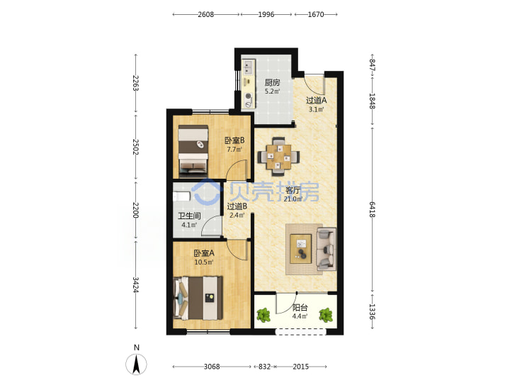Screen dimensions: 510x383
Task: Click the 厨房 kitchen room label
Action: (x=272, y=83)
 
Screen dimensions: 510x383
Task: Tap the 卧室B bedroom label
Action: (x=234, y=140)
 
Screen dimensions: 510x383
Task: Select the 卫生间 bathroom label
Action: (x=189, y=216)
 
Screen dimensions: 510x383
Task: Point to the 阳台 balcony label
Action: (x=300, y=307)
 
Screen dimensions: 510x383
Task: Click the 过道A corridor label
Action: (x=316, y=100)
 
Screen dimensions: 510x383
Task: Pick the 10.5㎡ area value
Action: (x=203, y=262)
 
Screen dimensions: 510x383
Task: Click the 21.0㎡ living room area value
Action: (x=293, y=199)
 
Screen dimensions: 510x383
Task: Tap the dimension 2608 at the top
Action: (x=205, y=14)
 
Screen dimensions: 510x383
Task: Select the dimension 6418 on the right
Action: (x=372, y=209)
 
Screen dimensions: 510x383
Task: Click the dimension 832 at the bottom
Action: (x=264, y=367)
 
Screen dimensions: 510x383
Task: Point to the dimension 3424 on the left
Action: (x=135, y=284)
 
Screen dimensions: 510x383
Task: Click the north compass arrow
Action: (x=136, y=364)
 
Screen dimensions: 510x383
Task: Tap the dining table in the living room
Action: (x=279, y=157)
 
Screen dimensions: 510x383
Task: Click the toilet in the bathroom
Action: (x=181, y=196)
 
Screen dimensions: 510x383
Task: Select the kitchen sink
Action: (x=248, y=67)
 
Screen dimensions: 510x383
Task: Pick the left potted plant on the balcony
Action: (x=263, y=315)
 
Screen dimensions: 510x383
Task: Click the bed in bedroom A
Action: (x=198, y=298)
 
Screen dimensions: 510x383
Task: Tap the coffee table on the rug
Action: (x=301, y=249)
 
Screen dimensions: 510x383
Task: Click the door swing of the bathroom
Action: (x=211, y=226)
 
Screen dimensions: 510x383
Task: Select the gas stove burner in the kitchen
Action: (x=249, y=96)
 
